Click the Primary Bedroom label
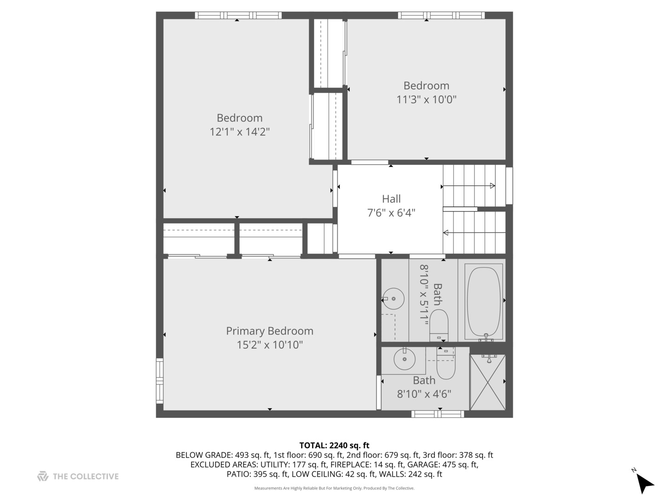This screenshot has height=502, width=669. click(269, 331)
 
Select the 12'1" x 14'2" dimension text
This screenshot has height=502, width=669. click(239, 132)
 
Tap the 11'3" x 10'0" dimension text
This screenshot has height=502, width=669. click(426, 99)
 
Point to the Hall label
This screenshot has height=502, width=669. click(391, 199)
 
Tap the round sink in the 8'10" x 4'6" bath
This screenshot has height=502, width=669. click(404, 359)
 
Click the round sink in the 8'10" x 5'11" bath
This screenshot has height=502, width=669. click(394, 298)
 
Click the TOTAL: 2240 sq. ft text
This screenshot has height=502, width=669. click(334, 446)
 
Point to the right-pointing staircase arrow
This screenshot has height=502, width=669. click(468, 186)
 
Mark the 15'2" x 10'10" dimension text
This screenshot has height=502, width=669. click(269, 345)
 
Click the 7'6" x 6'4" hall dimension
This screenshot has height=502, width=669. click(391, 213)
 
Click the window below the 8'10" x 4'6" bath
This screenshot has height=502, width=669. click(438, 414)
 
